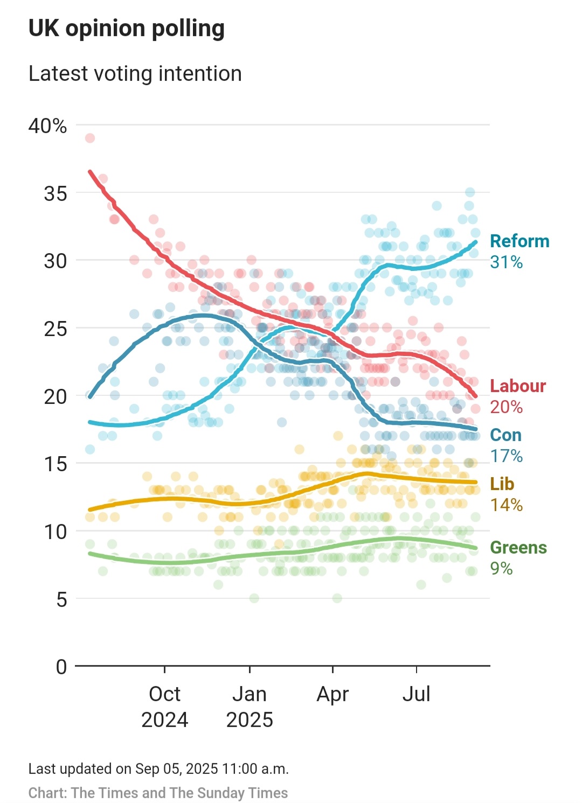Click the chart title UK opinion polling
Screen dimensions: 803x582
tap(126, 29)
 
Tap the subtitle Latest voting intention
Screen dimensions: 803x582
tap(135, 74)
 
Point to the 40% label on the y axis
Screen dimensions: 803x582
tap(47, 126)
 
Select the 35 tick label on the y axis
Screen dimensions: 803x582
tap(56, 193)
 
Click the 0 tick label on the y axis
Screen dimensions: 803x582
tap(61, 667)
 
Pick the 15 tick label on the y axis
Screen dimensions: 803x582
tap(56, 464)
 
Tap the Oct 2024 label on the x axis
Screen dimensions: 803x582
tap(164, 707)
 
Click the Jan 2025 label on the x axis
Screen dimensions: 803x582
tap(250, 707)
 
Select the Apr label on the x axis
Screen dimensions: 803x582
tap(332, 694)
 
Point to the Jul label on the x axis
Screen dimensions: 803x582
tap(416, 694)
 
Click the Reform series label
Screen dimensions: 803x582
tap(519, 241)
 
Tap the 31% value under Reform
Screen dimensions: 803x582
tap(506, 262)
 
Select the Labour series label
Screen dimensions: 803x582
tap(518, 386)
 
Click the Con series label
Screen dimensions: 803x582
tap(505, 435)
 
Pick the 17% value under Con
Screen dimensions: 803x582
tap(506, 456)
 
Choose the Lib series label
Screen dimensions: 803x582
tap(502, 484)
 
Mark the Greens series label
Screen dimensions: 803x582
tap(518, 548)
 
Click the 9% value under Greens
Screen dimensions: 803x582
tap(501, 569)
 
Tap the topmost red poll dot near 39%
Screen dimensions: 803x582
tap(90, 138)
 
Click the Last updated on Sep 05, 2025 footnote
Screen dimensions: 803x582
tap(158, 769)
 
